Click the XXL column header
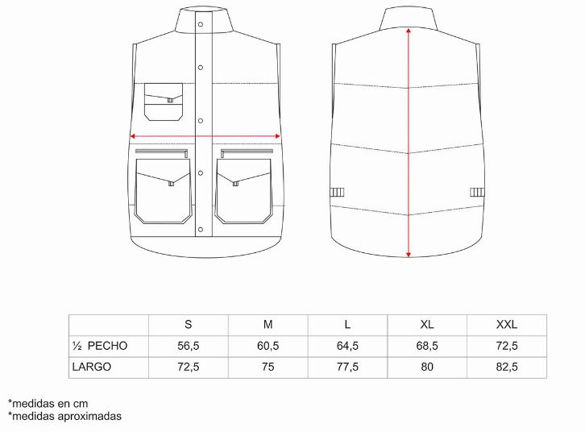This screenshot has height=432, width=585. point(507,325)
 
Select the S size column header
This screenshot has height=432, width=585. point(189,325)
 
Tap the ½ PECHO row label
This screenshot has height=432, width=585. point(100,346)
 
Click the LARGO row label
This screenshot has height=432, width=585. point(92,367)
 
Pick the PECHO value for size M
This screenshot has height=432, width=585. point(268,346)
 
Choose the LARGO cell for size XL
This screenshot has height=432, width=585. point(427,367)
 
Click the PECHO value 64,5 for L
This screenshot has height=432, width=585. point(347,346)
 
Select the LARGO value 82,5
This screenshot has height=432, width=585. point(507,367)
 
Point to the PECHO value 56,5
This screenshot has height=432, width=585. point(189,346)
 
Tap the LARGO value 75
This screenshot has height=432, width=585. point(268,367)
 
